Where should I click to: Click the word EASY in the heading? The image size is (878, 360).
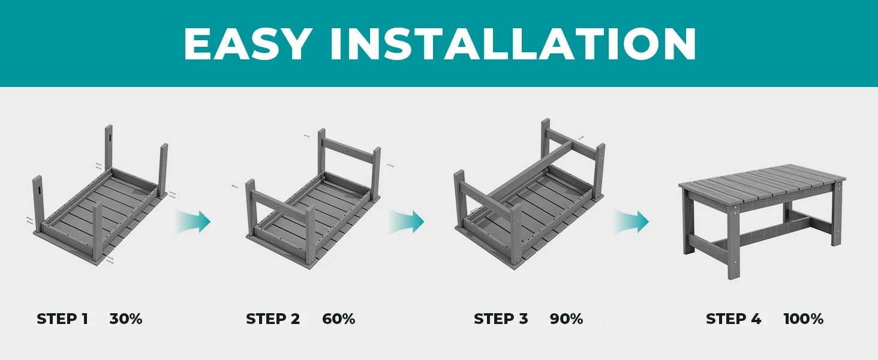(x=248, y=44)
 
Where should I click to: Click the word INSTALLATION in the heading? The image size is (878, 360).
(x=513, y=44)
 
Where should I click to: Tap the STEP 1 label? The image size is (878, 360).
(x=62, y=319)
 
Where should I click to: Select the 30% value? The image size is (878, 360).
(x=126, y=319)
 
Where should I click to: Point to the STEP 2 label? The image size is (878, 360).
(x=273, y=319)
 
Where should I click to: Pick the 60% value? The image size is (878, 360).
(x=339, y=319)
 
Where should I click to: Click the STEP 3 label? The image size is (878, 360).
(x=501, y=319)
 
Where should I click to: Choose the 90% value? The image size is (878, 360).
(x=566, y=319)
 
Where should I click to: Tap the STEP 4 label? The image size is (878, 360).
(x=733, y=319)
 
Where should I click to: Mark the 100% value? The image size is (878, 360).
(x=804, y=319)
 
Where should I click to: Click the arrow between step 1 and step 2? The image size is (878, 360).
(x=193, y=221)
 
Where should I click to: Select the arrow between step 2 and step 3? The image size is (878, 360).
(x=407, y=221)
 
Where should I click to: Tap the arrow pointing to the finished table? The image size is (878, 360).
(x=631, y=221)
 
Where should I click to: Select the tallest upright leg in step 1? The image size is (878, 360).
(x=109, y=148)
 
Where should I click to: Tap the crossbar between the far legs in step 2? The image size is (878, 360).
(x=348, y=152)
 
